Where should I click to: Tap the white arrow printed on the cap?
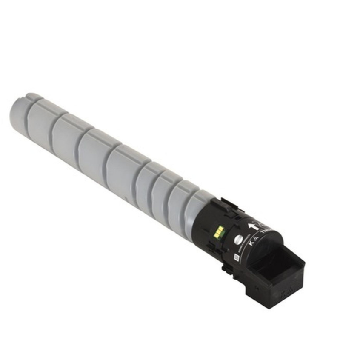click(251, 226)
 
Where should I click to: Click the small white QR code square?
click(235, 257)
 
